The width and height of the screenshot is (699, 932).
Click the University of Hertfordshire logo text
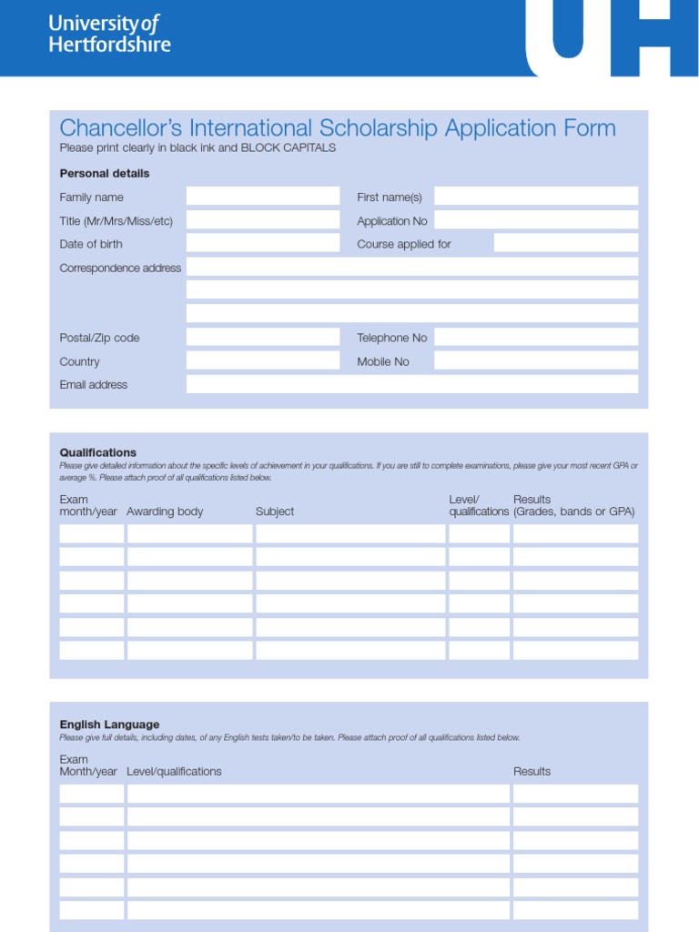(x=109, y=34)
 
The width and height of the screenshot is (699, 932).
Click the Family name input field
(x=262, y=197)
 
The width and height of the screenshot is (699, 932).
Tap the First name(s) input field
(x=535, y=197)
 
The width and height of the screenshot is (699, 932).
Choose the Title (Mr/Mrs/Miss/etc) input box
(x=262, y=220)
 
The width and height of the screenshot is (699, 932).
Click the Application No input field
(x=535, y=220)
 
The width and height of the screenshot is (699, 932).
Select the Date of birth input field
(x=262, y=243)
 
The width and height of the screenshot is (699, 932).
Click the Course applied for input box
(x=565, y=243)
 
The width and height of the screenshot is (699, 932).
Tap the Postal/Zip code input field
(x=262, y=338)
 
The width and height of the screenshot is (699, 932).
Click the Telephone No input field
(x=535, y=338)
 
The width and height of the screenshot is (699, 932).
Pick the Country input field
(x=262, y=361)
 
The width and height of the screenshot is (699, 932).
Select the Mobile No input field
(x=535, y=361)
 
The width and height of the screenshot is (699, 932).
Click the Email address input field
(x=411, y=384)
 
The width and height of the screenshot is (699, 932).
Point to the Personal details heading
(x=105, y=173)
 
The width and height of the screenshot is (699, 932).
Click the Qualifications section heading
(x=97, y=452)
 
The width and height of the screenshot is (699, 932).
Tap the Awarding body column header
(x=165, y=512)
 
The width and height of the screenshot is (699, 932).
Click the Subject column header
(x=275, y=512)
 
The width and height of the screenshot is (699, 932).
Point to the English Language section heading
(x=109, y=724)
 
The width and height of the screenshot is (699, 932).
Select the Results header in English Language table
(x=532, y=771)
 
